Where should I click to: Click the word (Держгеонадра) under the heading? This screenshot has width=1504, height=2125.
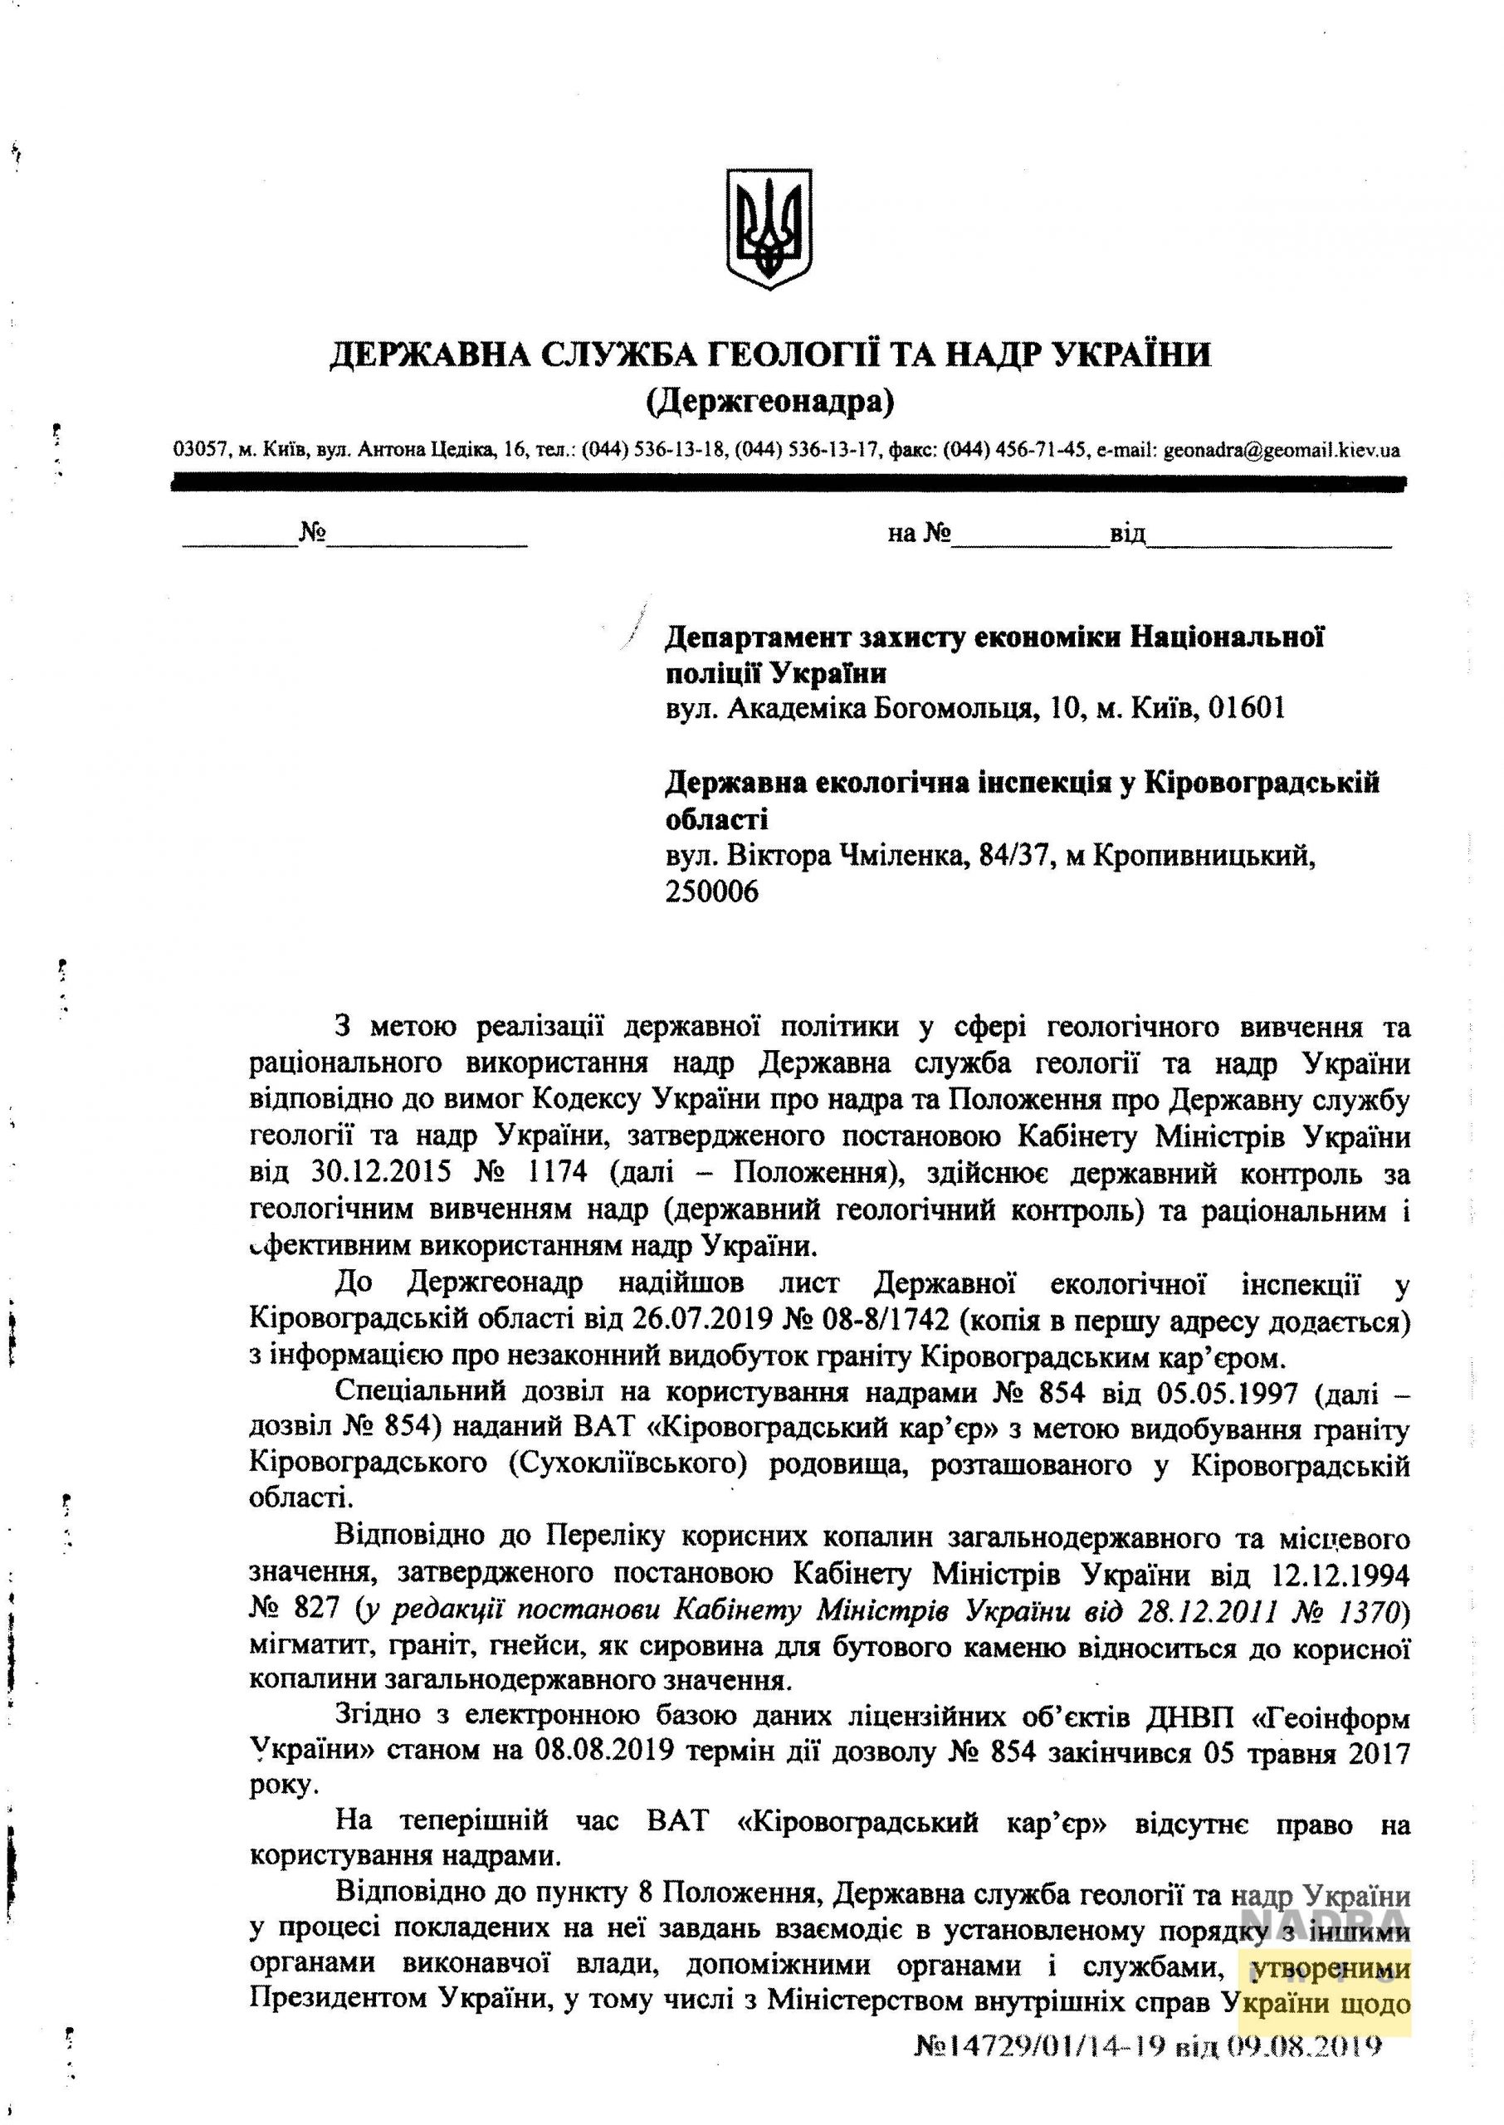(x=769, y=401)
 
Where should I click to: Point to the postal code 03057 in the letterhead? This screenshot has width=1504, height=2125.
(x=200, y=451)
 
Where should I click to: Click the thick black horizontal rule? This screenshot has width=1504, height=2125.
(x=787, y=482)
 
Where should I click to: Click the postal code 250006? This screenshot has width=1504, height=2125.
(x=711, y=892)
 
